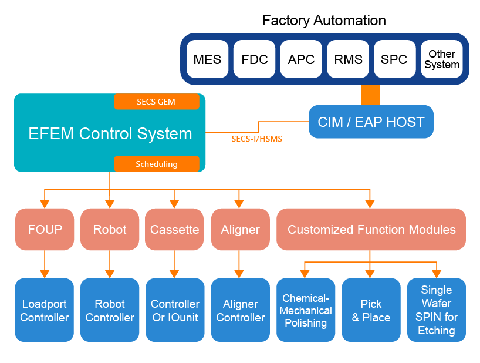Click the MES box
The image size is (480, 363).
[x=207, y=59]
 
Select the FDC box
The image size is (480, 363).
[x=254, y=59]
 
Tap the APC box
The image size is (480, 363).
[x=301, y=59]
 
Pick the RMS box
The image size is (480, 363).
[x=348, y=59]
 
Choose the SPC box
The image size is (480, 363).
[x=394, y=59]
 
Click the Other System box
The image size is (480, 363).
[x=441, y=59]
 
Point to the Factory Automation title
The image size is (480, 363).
[x=324, y=21]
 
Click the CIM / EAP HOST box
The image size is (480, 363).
[x=371, y=122]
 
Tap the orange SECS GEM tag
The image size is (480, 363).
[x=157, y=102]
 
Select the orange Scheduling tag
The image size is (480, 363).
[x=157, y=164]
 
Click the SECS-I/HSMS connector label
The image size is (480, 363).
[x=257, y=139]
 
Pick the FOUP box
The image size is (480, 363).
[x=45, y=229]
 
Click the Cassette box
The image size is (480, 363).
[x=174, y=229]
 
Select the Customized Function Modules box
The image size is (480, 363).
[x=371, y=229]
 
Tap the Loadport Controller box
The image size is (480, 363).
[x=45, y=310]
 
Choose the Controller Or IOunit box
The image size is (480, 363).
[x=175, y=310]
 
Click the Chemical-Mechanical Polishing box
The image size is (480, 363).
[x=306, y=310]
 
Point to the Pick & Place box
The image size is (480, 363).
[x=371, y=310]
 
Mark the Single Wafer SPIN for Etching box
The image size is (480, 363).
[x=437, y=310]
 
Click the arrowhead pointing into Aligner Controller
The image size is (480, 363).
[x=239, y=274]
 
